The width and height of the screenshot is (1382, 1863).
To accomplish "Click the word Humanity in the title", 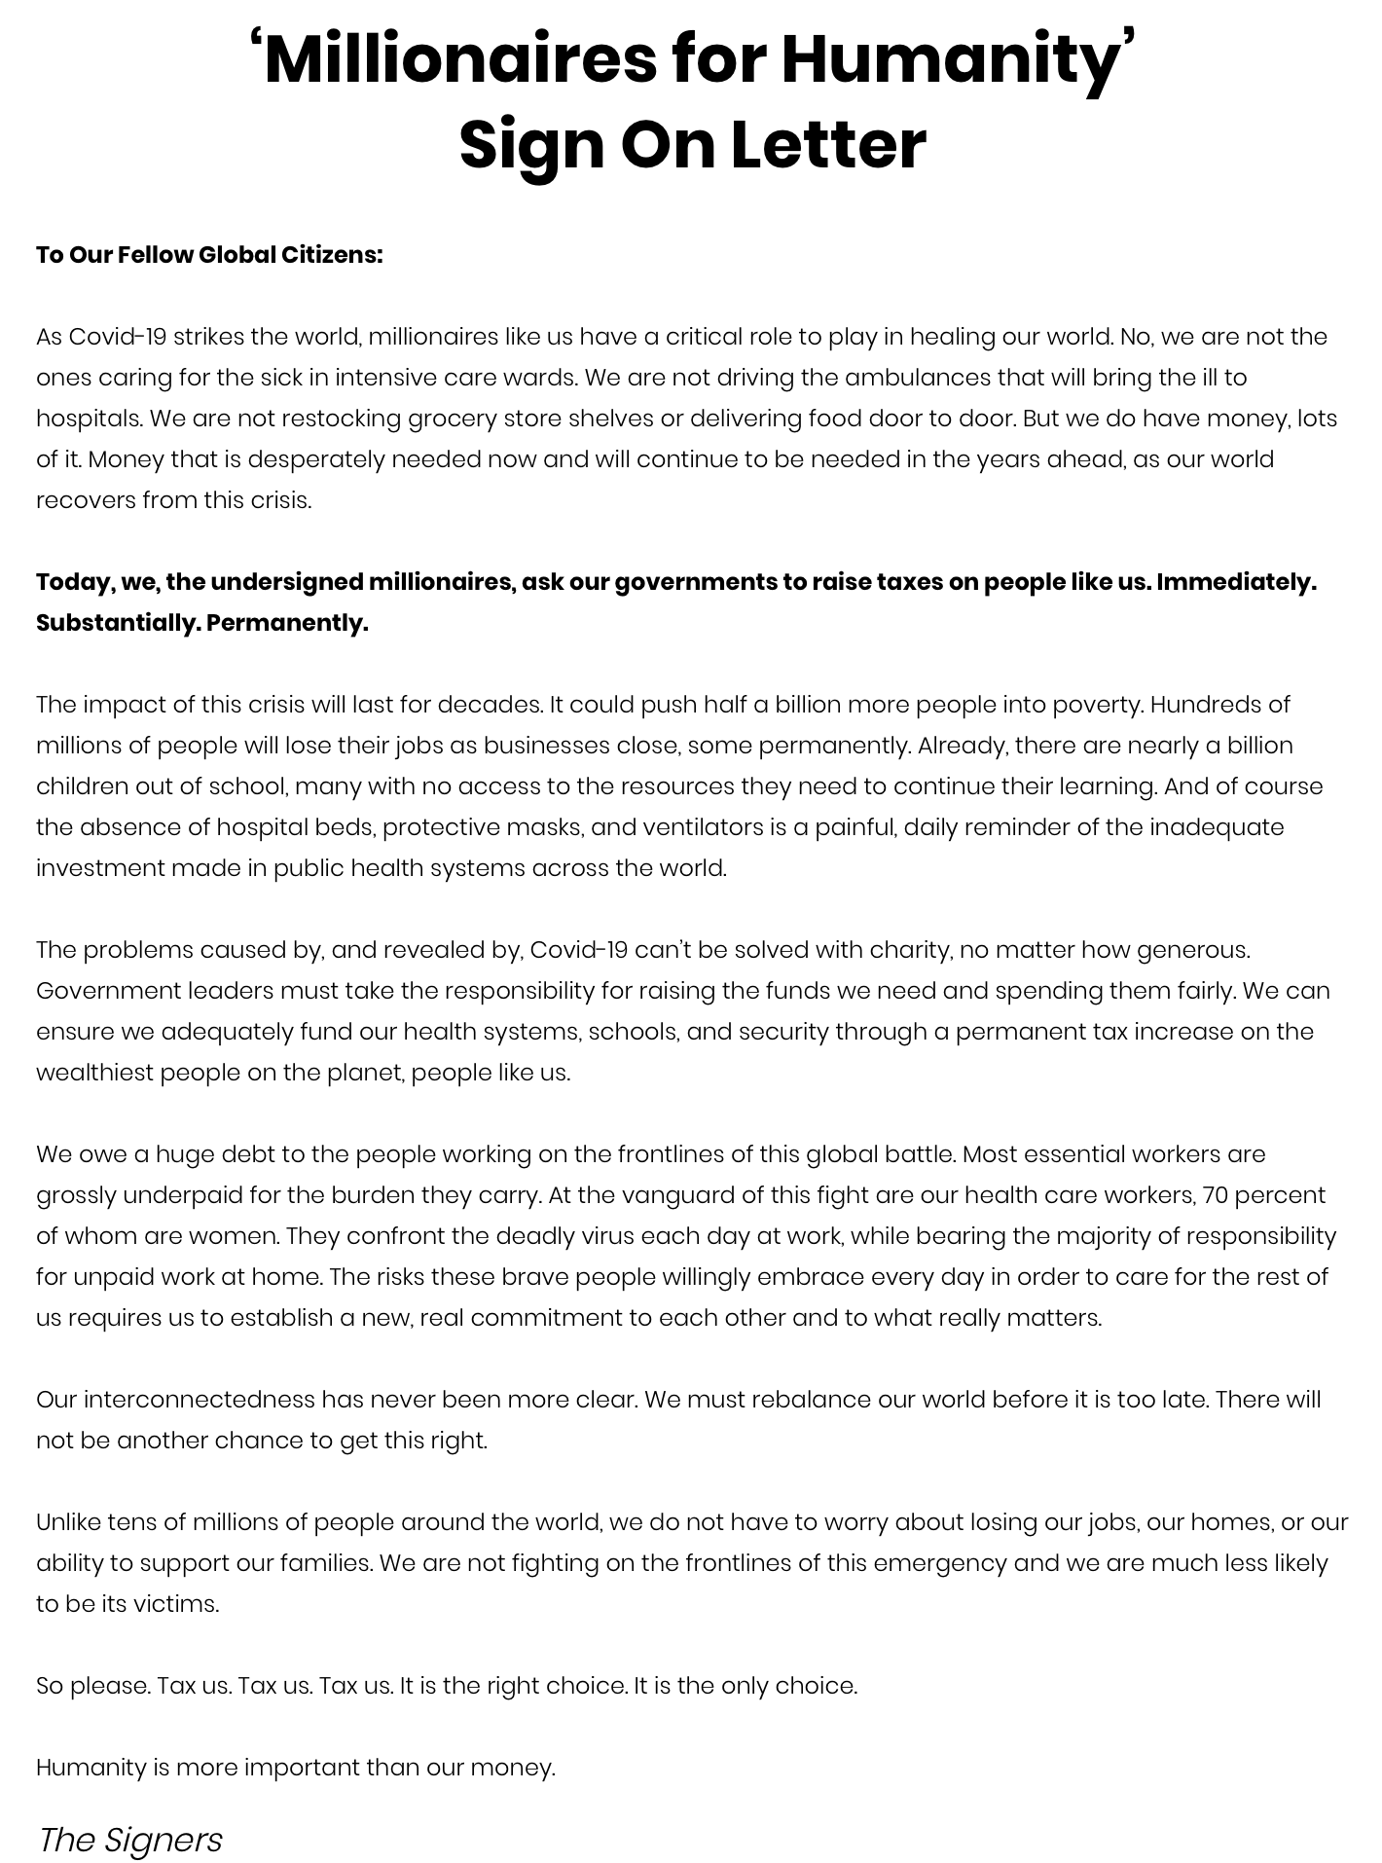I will pos(951,60).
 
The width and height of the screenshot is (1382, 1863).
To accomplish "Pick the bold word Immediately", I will pos(1236,582).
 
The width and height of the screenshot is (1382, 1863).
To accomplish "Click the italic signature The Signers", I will pos(130,1840).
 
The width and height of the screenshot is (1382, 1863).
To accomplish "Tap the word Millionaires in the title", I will pos(459,60).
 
